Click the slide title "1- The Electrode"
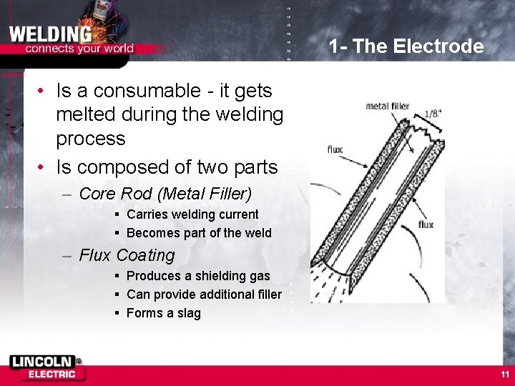click(406, 47)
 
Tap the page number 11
click(505, 374)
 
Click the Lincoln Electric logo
click(46, 367)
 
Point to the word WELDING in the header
click(50, 33)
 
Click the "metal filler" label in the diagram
click(388, 107)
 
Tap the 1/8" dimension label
click(433, 113)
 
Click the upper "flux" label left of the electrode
click(335, 150)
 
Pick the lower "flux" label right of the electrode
click(426, 224)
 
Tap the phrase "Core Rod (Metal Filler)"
click(165, 194)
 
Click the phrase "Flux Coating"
click(127, 255)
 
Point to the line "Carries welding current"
click(192, 214)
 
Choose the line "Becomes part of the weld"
click(199, 233)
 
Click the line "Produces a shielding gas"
click(198, 276)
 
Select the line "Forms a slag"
click(164, 313)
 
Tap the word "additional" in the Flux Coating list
click(216, 295)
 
